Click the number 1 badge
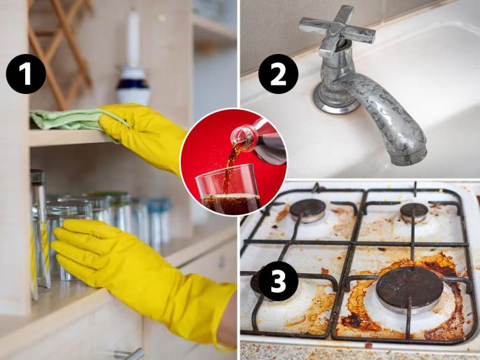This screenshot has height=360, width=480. [26, 74]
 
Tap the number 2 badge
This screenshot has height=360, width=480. [278, 74]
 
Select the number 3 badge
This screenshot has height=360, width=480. [278, 282]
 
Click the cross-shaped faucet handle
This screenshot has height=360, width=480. [337, 29]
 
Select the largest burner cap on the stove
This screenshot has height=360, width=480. [409, 289]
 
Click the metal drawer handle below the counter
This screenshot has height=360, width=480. [129, 354]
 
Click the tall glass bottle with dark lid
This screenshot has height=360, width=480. [40, 230]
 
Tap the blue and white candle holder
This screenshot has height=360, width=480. [133, 85]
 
